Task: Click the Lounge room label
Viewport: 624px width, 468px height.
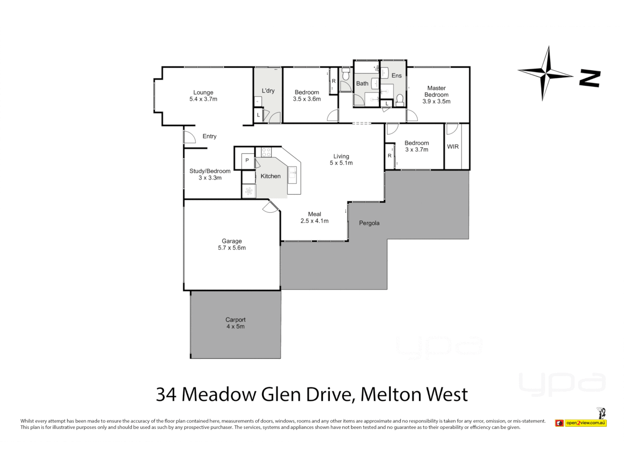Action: [203, 92]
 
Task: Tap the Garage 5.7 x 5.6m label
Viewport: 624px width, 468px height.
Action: [232, 244]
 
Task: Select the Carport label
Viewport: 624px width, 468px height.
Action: [235, 320]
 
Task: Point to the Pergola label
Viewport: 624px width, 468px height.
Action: [369, 223]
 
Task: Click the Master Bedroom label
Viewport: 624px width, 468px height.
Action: [436, 91]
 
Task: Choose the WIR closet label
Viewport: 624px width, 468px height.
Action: [453, 147]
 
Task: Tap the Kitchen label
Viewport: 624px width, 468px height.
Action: [270, 176]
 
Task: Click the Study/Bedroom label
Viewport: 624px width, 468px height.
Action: [210, 171]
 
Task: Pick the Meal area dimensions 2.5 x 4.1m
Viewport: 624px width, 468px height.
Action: [315, 221]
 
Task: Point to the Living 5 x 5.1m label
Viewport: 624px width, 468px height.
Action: [341, 159]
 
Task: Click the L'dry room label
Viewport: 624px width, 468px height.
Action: [268, 91]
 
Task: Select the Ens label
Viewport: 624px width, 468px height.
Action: [396, 75]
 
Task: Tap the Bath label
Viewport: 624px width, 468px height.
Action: [362, 84]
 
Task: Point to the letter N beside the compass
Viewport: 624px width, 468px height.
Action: [590, 78]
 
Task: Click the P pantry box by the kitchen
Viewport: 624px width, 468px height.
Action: [247, 160]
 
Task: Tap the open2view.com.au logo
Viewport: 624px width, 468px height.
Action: [585, 422]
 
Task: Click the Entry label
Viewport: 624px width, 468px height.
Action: [209, 136]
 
